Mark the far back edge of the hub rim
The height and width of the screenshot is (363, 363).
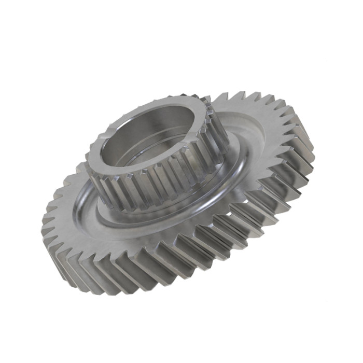[x=171, y=99]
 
